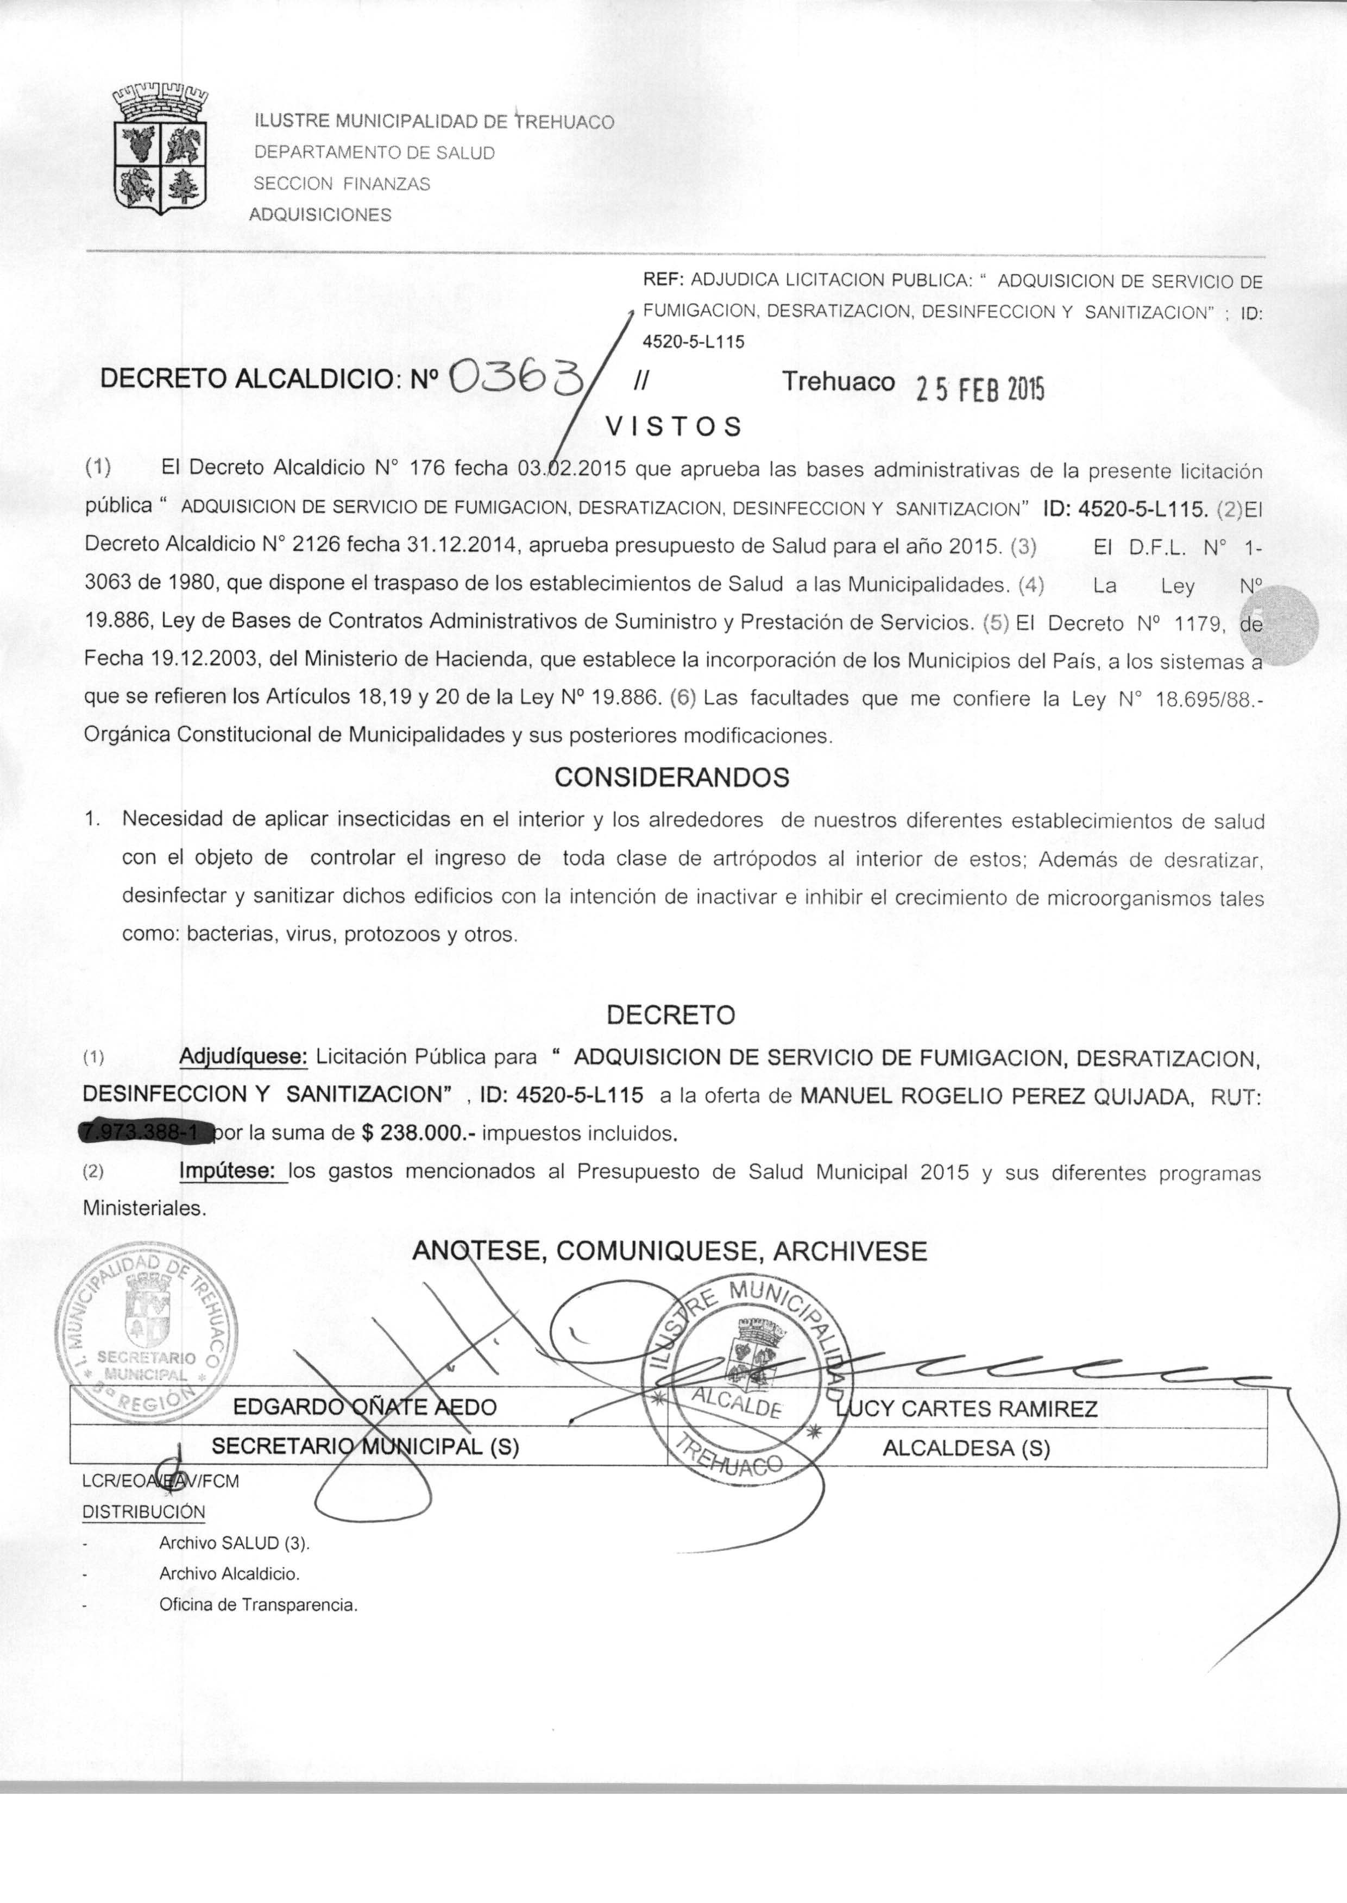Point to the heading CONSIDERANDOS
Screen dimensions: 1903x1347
pyautogui.click(x=672, y=777)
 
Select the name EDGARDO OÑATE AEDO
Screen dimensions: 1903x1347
pyautogui.click(x=365, y=1407)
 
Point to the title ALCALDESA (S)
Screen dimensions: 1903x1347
pyautogui.click(x=966, y=1448)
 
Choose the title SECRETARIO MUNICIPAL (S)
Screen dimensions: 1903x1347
pyautogui.click(x=365, y=1446)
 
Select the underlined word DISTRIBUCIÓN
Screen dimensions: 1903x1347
pyautogui.click(x=143, y=1511)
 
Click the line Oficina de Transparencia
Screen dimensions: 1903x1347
pyautogui.click(x=258, y=1604)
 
